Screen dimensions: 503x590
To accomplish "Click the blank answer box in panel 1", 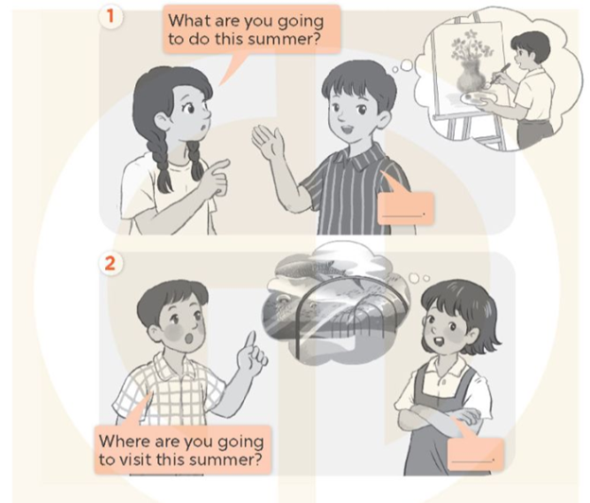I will [x=406, y=207].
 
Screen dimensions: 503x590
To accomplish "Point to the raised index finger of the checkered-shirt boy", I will [x=251, y=339].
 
